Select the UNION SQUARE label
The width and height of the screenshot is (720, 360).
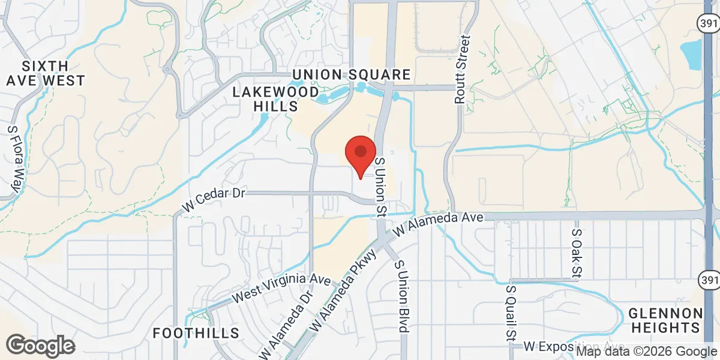pos(352,74)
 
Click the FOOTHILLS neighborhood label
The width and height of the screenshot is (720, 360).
pos(196,333)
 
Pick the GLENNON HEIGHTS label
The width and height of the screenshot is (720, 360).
pos(665,320)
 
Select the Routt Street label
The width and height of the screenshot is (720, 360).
pos(461,70)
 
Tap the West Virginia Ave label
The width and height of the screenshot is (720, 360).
pos(281,289)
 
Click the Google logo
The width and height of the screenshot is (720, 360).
pos(41,346)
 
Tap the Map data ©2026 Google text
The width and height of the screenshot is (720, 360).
pos(646,352)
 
